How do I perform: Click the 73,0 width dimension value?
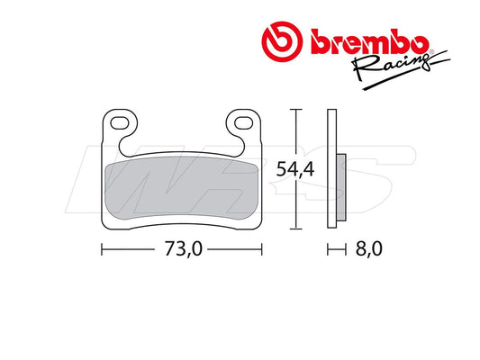[x=184, y=249]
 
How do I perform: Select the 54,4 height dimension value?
[x=295, y=169]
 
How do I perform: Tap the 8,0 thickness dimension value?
[x=369, y=249]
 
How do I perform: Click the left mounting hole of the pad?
[x=120, y=123]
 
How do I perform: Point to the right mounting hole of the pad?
[x=244, y=123]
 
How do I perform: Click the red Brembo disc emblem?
[x=282, y=41]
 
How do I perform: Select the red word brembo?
[x=369, y=41]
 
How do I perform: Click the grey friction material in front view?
[x=182, y=188]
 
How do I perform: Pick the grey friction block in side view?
[x=341, y=187]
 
